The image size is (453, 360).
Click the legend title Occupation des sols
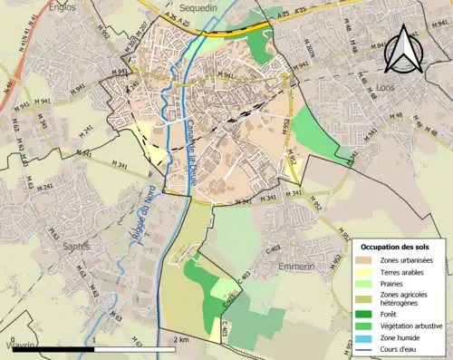click(x=401, y=247)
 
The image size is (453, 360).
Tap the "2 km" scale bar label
click(x=181, y=339)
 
